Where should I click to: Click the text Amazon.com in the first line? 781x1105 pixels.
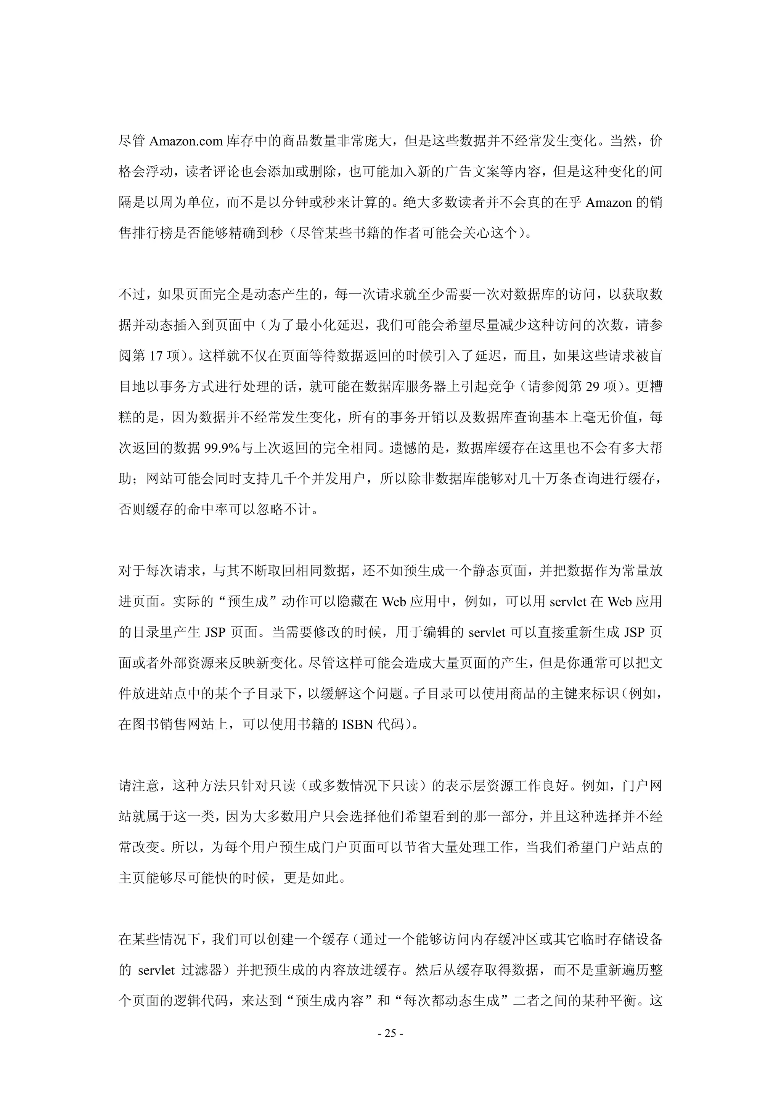(186, 142)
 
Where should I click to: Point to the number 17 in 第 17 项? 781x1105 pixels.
(156, 356)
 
